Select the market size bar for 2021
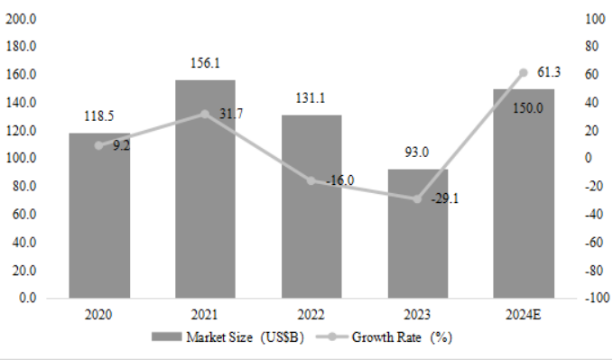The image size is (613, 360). [x=205, y=189]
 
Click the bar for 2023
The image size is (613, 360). [x=418, y=234]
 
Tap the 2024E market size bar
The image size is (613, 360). [x=524, y=194]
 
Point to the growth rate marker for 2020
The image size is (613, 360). [x=99, y=145]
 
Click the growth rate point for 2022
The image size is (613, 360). [x=311, y=180]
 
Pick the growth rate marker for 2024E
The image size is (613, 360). [x=524, y=73]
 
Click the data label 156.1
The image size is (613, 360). [x=205, y=63]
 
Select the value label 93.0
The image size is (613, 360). [x=417, y=152]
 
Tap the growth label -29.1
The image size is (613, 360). [x=445, y=199]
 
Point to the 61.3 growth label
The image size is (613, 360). [x=549, y=72]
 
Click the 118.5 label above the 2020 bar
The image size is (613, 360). [x=99, y=115]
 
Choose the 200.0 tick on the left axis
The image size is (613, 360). [x=21, y=18]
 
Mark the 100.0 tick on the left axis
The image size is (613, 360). [x=21, y=158]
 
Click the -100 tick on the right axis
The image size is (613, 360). [x=597, y=298]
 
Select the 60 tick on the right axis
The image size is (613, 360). [x=592, y=74]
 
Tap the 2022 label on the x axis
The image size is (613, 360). [x=311, y=315]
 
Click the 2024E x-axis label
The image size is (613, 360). [x=524, y=315]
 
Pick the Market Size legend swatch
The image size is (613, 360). [x=167, y=337]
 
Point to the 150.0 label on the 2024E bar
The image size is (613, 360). [x=528, y=108]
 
